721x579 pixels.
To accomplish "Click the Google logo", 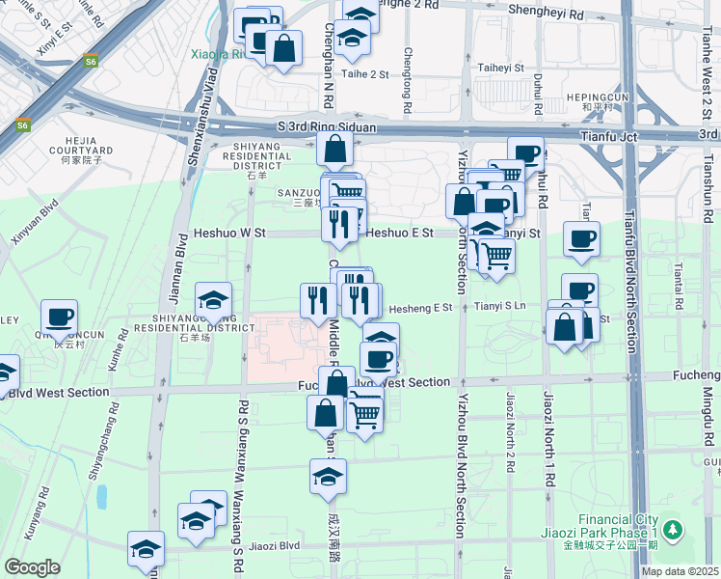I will (x=32, y=567).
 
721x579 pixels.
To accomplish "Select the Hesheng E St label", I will (x=420, y=308).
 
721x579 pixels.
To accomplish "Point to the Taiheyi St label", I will (x=500, y=69).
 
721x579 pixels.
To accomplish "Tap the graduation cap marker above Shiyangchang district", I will (x=214, y=299).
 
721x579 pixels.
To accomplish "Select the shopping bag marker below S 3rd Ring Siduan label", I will (x=334, y=150).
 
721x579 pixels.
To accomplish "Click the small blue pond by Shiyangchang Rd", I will (x=102, y=496).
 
